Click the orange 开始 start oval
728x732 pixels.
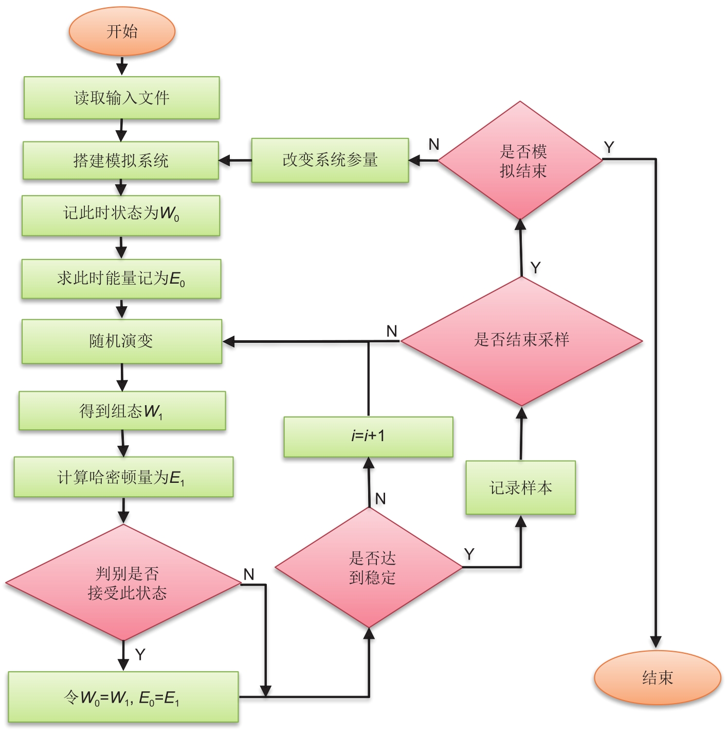[x=122, y=31]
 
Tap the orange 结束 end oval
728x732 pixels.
[x=657, y=677]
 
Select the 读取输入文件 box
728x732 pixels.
[x=122, y=98]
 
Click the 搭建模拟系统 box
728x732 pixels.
[x=121, y=161]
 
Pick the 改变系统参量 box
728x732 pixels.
[x=330, y=160]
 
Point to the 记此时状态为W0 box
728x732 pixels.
[x=121, y=215]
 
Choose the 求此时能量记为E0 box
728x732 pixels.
[x=121, y=279]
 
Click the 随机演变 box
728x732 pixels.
[x=122, y=341]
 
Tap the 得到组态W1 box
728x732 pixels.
[x=122, y=411]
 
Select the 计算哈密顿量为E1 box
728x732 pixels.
[x=123, y=477]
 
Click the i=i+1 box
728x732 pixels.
[x=368, y=437]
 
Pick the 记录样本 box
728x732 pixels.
[x=520, y=487]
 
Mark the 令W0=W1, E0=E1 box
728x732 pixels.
[x=123, y=697]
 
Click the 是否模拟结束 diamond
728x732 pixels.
[x=520, y=160]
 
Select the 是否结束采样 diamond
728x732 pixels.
[x=521, y=340]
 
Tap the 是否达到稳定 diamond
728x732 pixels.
[x=369, y=567]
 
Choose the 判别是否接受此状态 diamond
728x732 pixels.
[x=123, y=583]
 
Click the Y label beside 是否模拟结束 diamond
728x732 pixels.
[x=609, y=148]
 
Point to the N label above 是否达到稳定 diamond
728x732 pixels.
[x=380, y=498]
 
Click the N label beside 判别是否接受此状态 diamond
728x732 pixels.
[x=249, y=574]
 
